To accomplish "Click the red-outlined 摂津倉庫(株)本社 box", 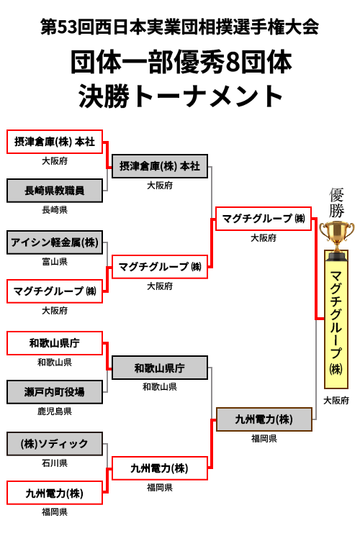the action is (55, 142).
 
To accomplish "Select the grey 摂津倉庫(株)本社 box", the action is (160, 166).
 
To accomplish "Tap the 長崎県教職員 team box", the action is (55, 191).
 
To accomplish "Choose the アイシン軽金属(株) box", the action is (55, 242).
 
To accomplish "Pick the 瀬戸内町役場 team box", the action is (55, 392).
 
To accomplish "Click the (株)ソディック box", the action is (55, 444).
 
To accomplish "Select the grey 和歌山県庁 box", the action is (160, 368).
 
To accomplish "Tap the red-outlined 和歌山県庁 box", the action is (55, 343).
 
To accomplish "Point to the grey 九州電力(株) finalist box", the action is (264, 419).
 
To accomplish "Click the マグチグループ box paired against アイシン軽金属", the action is (55, 291).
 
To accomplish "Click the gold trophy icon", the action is (336, 240).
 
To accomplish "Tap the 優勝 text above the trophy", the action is (337, 203).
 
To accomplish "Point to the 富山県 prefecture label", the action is (55, 262).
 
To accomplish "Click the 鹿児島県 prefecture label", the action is (55, 411).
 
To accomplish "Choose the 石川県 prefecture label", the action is (55, 463).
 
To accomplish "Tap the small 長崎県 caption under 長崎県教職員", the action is (55, 209).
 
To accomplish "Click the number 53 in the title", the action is (66, 27).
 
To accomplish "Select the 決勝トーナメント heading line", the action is (180, 96).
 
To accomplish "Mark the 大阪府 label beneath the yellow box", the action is (336, 401).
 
